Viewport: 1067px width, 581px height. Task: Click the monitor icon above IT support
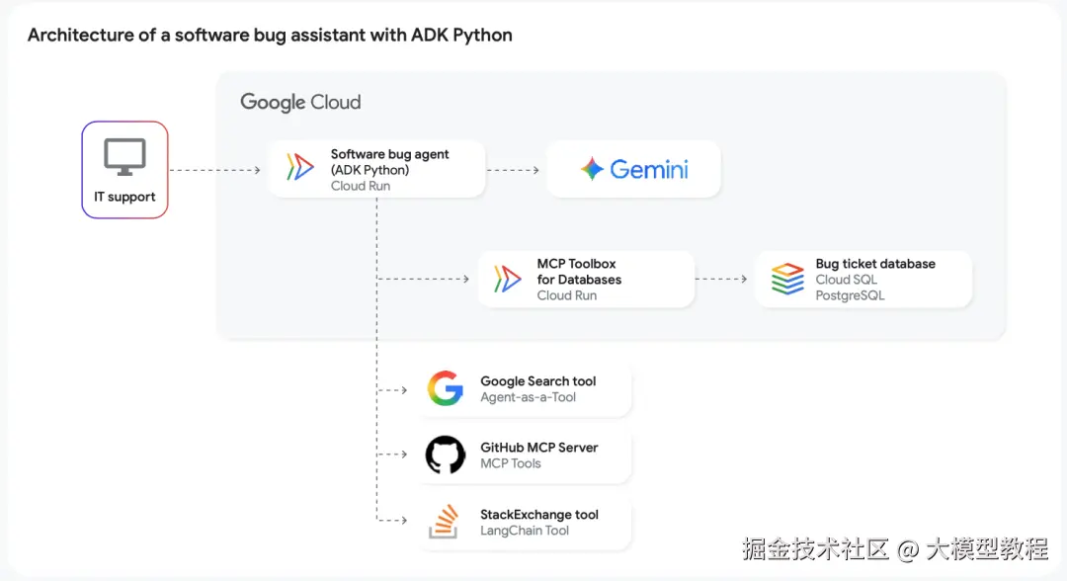[x=124, y=157]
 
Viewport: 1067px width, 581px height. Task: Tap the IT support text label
[x=124, y=197]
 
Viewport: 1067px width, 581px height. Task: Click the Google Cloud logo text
[x=300, y=102]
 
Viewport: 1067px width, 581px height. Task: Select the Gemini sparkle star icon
[x=592, y=169]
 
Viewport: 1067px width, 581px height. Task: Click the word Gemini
[x=648, y=169]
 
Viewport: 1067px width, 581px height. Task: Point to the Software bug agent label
[x=389, y=154]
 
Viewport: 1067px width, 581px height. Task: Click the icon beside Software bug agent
[x=299, y=168]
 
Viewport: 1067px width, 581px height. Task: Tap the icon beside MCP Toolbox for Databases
[x=507, y=279]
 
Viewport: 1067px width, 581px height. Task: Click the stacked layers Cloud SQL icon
[x=787, y=279]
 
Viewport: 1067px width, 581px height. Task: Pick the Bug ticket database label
[x=875, y=264]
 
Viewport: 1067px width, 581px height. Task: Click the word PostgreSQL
[x=850, y=295]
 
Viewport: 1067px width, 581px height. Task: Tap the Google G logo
[x=446, y=388]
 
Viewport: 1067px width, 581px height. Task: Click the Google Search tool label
[x=537, y=381]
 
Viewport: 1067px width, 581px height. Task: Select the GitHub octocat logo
[x=446, y=456]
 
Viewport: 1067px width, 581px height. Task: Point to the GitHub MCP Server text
[x=538, y=448]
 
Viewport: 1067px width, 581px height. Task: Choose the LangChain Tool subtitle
[x=525, y=531]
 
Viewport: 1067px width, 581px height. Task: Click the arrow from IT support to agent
[x=214, y=170]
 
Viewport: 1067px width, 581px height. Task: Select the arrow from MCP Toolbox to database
[x=721, y=279]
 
